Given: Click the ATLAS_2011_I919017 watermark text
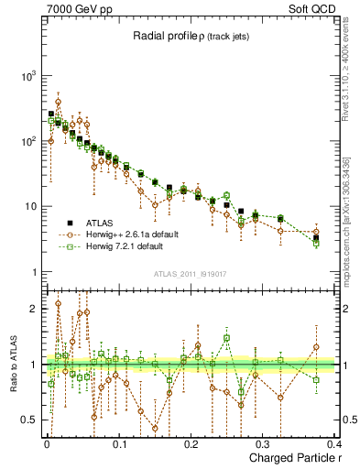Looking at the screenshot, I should coord(191,273).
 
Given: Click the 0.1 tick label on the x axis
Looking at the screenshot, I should coord(118,443).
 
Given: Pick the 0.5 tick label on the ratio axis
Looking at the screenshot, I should coord(32,420).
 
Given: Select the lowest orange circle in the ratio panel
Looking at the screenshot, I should coord(155,428).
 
